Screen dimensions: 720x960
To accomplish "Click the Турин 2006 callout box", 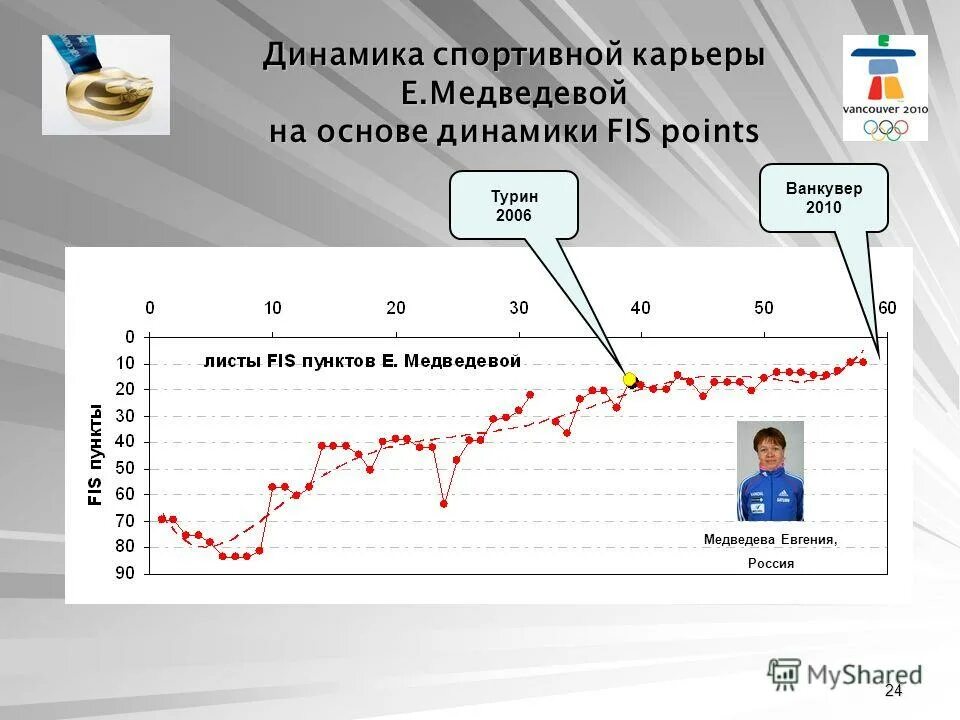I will click(513, 205).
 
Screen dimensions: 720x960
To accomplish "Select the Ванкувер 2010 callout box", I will click(823, 198).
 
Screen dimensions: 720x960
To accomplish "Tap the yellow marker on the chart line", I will click(629, 379).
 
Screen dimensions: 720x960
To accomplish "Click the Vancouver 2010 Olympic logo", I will click(885, 88).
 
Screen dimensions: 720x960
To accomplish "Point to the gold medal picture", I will click(105, 85).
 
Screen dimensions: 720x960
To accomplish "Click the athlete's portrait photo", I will click(770, 471).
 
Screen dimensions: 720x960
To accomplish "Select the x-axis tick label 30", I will click(519, 307).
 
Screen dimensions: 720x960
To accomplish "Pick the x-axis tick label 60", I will click(887, 307).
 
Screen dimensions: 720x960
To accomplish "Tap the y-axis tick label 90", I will click(125, 573).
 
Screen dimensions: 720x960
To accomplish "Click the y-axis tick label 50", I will click(125, 468).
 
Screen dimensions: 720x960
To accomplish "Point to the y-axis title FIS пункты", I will click(96, 455).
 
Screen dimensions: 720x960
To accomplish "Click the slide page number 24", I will click(893, 692).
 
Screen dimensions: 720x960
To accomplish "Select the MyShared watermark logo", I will click(845, 674).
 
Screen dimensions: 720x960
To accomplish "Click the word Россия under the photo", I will click(771, 563).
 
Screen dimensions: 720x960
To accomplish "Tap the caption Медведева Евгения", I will click(770, 539).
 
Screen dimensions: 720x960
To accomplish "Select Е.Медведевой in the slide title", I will click(514, 93).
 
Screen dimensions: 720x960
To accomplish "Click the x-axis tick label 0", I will click(149, 307).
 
